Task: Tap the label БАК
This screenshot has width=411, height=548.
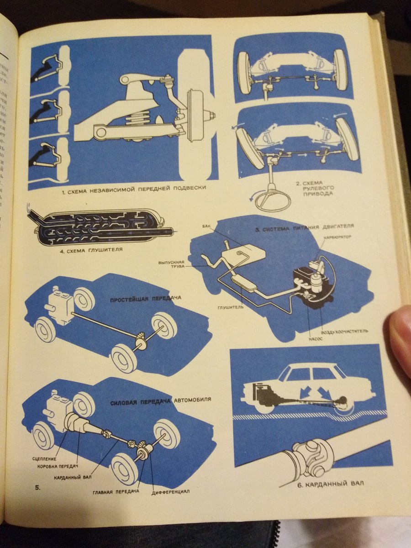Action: click(207, 226)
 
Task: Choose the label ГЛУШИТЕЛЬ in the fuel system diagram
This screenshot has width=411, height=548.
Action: click(230, 307)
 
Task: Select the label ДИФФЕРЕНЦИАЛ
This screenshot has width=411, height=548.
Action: click(170, 492)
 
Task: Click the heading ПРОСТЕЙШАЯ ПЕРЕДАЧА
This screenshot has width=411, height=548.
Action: click(146, 298)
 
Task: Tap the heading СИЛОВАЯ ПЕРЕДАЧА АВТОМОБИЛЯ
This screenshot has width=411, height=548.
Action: click(161, 400)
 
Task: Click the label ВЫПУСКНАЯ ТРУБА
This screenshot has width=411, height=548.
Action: click(171, 266)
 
